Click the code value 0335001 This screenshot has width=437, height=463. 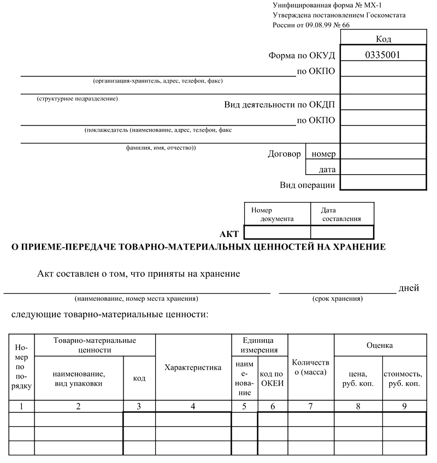coord(383,55)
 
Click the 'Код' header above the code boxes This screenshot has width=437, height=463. coord(383,39)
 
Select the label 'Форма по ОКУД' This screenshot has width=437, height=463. coord(301,55)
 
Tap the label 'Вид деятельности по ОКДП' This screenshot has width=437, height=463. coord(279,104)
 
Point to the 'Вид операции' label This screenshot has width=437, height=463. coord(307,185)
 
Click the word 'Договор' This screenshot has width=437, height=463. coord(284,154)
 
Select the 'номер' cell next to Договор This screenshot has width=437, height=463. coord(323,154)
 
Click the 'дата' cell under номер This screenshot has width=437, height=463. coord(327,169)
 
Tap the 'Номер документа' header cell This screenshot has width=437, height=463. coord(277,214)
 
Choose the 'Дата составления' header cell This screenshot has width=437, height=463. coord(341,214)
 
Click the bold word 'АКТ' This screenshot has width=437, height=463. coord(229,234)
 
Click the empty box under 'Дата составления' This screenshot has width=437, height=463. coord(342,232)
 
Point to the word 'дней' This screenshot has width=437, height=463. coord(409,288)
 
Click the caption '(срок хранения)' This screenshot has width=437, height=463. coord(337,299)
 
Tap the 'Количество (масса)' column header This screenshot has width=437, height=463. coord(311,367)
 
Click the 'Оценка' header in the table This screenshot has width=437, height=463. coord(380,345)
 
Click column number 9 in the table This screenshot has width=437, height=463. coord(404,406)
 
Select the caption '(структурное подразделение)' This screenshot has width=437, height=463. coord(77,99)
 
